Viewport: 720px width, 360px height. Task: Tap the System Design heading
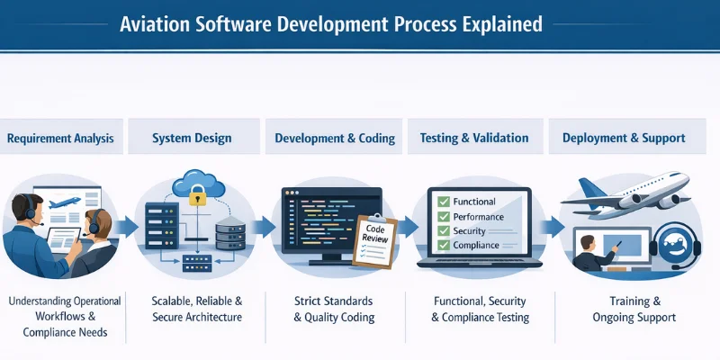(192, 139)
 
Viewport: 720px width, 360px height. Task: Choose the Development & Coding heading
(335, 139)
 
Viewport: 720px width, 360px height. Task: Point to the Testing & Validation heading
(474, 139)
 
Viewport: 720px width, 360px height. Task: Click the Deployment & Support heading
(624, 139)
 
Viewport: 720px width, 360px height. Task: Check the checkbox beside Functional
(443, 202)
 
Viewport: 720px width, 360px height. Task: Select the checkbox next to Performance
(443, 217)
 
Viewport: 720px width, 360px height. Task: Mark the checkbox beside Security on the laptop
(443, 231)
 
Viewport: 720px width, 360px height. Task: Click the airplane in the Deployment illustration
(630, 192)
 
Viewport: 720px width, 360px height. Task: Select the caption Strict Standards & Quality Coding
(335, 308)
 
